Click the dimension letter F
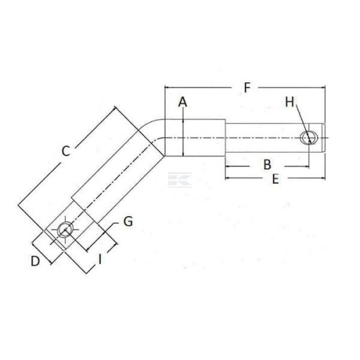pos(247,88)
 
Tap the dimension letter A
pos(183,102)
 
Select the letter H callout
pos(289,102)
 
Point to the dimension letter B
pos(267,165)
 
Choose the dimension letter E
pos(276,179)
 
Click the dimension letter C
pos(66,151)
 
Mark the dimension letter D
pos(35,261)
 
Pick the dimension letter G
pos(128,222)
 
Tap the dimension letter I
pos(100,259)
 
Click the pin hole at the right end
pos(310,138)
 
